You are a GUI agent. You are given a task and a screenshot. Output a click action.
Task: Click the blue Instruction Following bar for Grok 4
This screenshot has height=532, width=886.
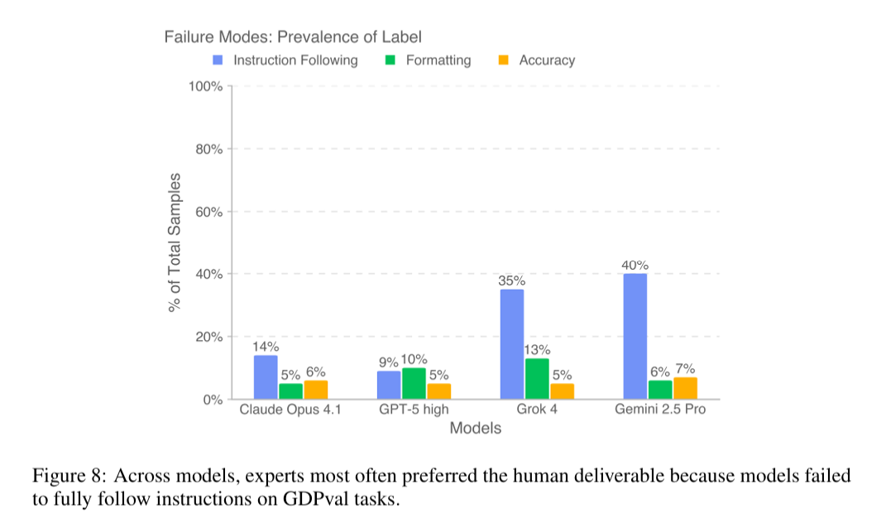tap(511, 344)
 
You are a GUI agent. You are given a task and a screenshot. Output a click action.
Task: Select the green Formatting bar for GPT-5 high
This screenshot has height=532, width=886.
tap(414, 384)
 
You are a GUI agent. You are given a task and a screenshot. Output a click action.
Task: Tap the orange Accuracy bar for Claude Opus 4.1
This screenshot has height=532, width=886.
tap(315, 390)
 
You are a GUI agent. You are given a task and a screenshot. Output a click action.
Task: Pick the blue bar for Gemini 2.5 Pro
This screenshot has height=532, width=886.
tap(635, 336)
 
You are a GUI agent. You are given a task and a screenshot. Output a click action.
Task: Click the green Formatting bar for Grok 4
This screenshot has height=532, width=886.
tap(537, 379)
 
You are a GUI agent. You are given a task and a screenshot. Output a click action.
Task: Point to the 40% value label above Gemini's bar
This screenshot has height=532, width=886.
tap(635, 266)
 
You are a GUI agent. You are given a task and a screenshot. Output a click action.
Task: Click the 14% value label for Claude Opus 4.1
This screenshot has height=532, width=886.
tap(266, 347)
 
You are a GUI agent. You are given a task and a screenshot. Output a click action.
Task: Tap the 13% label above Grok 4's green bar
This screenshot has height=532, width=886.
tap(537, 350)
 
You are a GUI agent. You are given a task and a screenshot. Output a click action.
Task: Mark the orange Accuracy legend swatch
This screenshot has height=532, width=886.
tap(503, 60)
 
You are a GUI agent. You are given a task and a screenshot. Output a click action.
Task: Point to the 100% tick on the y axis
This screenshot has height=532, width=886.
tap(206, 86)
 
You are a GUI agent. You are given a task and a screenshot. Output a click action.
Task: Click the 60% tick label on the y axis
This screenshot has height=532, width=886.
tap(208, 212)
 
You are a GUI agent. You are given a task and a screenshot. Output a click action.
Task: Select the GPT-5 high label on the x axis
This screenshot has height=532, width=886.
tap(414, 410)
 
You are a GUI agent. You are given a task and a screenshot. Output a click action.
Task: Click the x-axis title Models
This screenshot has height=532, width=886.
tap(475, 429)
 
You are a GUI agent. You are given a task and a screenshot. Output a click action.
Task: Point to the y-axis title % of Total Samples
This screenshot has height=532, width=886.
tap(175, 242)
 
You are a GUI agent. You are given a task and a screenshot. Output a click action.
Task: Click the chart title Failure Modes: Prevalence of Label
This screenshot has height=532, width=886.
tap(293, 36)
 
